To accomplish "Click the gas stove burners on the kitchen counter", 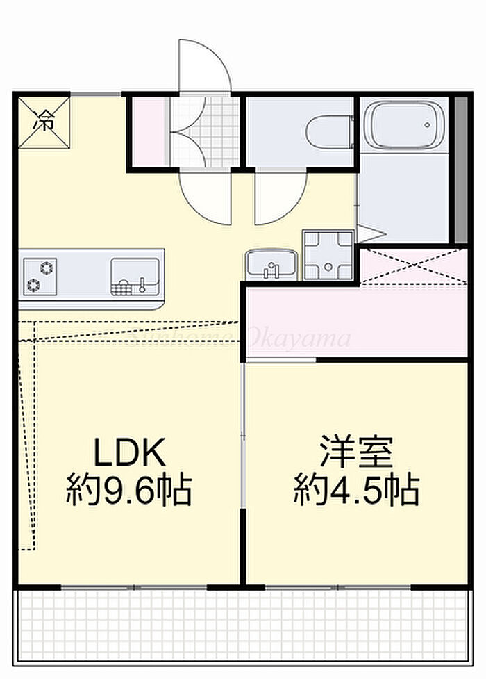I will (40, 275).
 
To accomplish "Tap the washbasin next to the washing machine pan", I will (271, 264).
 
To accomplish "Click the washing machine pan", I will (328, 255).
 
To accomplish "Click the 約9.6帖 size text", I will (130, 491).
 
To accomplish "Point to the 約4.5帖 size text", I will (356, 491).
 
